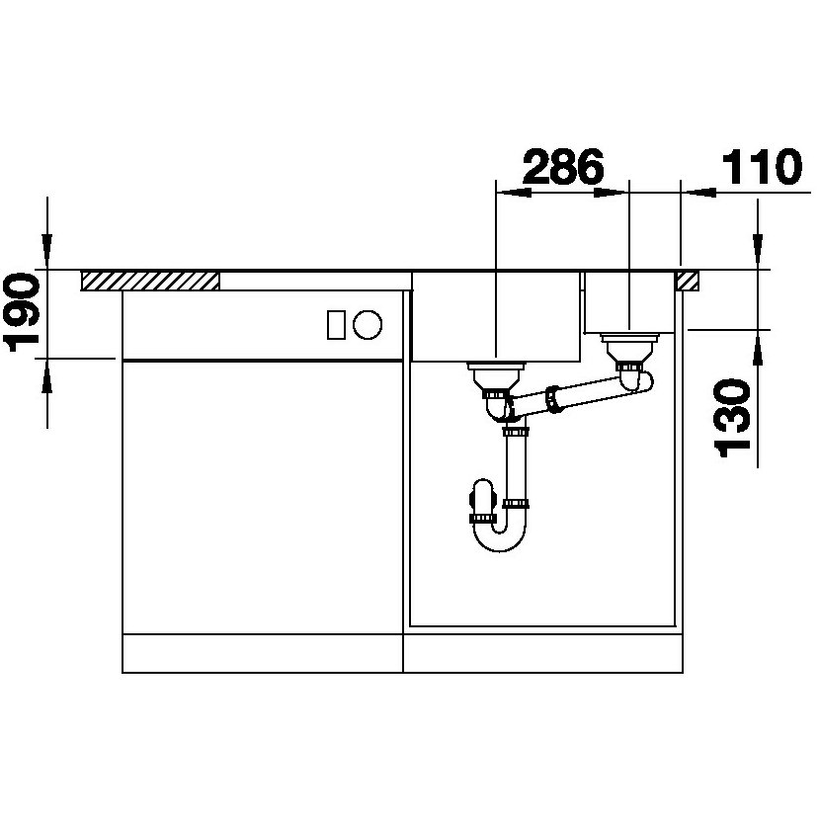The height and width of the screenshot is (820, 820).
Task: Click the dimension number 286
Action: (563, 166)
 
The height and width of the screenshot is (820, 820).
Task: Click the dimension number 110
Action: (762, 166)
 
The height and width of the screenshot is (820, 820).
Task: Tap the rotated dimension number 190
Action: (22, 314)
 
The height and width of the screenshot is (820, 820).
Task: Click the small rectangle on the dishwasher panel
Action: (336, 324)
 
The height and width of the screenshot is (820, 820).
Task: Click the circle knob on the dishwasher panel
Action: (368, 324)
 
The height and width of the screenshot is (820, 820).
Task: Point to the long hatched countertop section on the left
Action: (150, 281)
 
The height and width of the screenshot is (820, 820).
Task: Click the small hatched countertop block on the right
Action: (688, 281)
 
